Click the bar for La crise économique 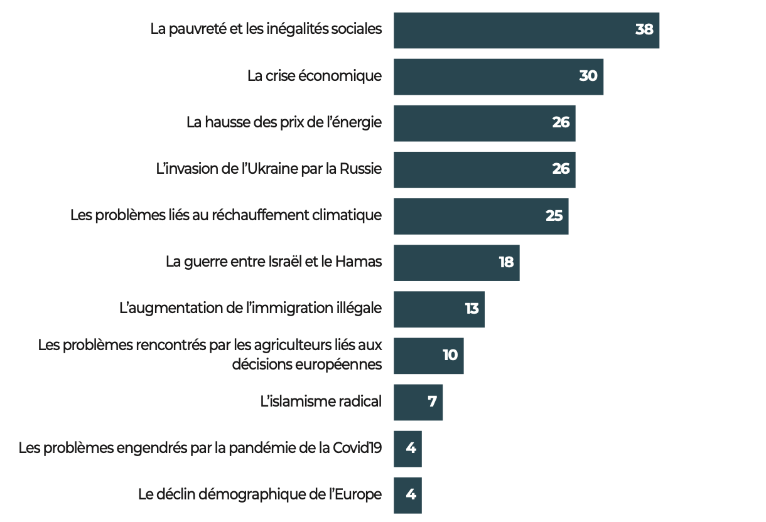point(499,77)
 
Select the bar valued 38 point(527,30)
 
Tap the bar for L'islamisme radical point(418,402)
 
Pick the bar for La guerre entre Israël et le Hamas point(456,263)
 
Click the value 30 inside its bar point(588,76)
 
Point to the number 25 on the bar point(554,216)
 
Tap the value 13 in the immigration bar point(472,309)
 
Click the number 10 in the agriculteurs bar point(450,355)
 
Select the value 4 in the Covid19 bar point(411,448)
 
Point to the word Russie point(360,169)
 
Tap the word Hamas point(359,262)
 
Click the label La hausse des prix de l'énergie point(284,122)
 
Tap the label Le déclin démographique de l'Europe point(260,494)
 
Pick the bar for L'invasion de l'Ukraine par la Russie point(485,170)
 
